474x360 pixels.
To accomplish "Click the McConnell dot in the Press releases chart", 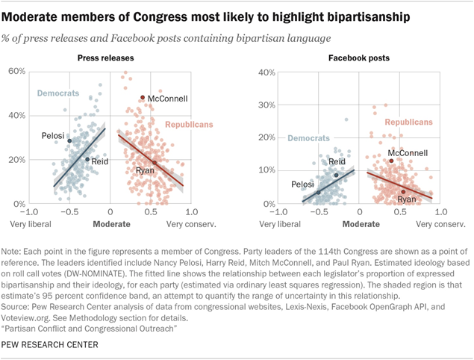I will click(x=143, y=98).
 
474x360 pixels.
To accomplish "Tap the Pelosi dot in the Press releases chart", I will click(x=69, y=140).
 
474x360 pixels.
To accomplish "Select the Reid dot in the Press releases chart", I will click(x=87, y=159).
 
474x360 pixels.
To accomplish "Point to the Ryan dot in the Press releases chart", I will click(x=155, y=163).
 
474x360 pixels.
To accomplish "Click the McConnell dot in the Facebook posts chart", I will click(x=390, y=161).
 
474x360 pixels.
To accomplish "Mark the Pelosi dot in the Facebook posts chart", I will click(x=319, y=193).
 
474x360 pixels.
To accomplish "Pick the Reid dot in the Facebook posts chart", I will click(x=336, y=175).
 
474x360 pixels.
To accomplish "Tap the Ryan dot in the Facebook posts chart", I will click(x=403, y=192).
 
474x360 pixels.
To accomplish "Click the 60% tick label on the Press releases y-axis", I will click(x=17, y=71).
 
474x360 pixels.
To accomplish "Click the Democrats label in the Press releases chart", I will click(x=59, y=93).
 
